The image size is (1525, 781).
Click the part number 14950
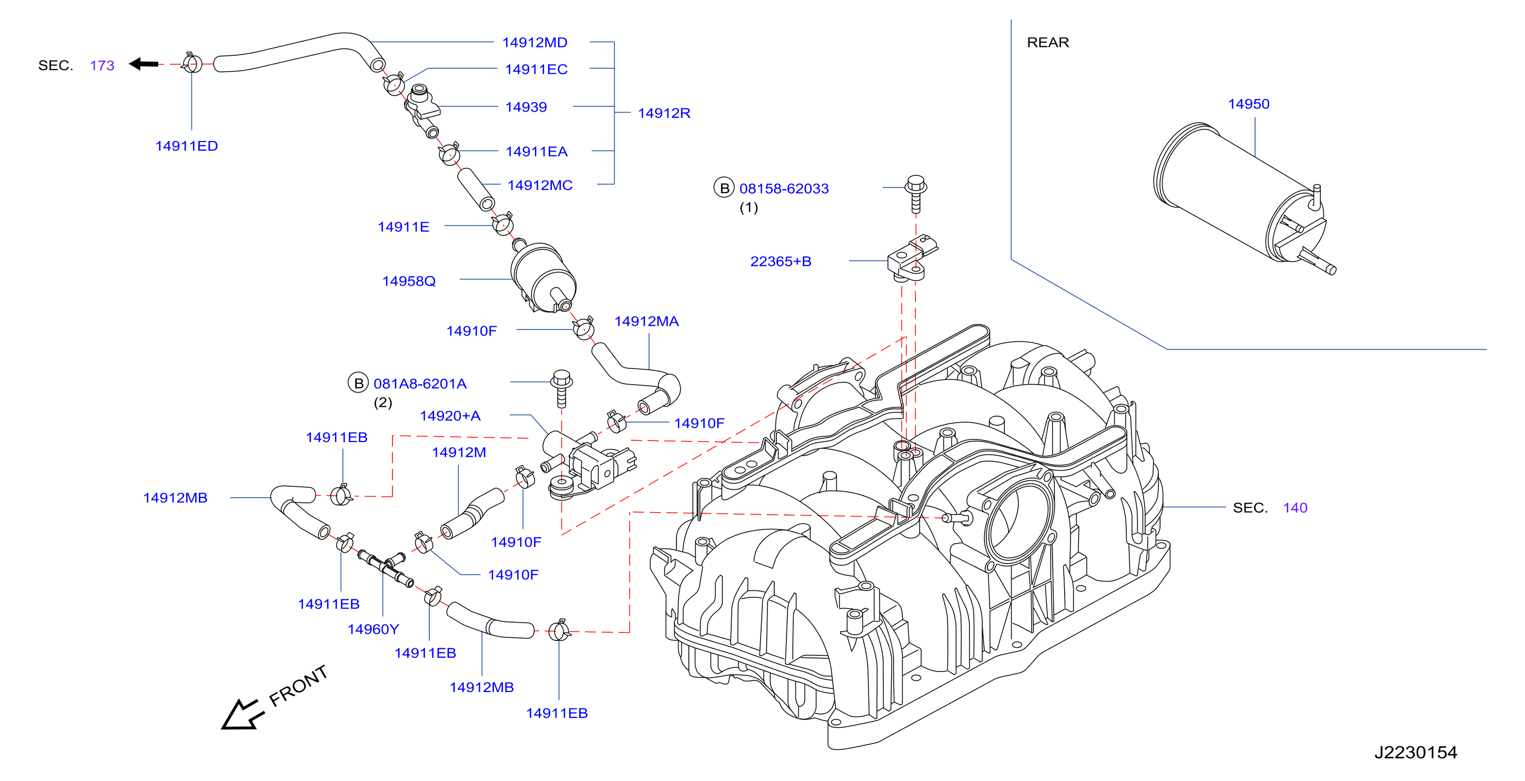1248,104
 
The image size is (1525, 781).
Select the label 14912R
664,113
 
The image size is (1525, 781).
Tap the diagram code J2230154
1416,752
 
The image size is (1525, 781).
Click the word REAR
1048,43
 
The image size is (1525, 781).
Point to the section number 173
102,65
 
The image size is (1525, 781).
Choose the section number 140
1295,507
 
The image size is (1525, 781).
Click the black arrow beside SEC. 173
144,63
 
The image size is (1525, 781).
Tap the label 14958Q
409,281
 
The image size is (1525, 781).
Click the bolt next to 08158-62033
916,194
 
